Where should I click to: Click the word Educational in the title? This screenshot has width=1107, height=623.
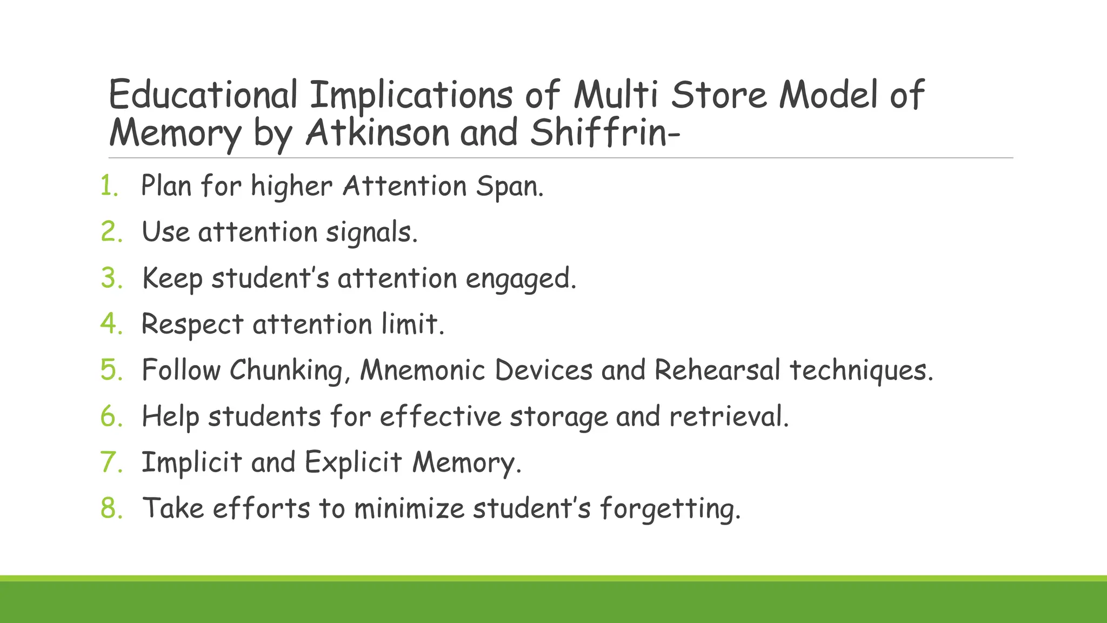pos(203,95)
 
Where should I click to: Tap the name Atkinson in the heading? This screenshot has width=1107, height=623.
pos(377,132)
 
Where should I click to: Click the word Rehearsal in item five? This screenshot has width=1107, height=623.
pos(717,370)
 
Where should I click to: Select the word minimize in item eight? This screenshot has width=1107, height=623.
pos(409,508)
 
